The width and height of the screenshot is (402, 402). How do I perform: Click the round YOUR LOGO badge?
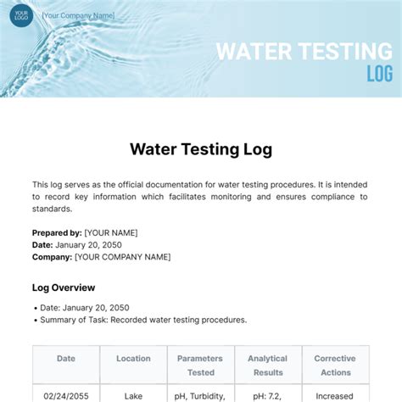[x=21, y=14]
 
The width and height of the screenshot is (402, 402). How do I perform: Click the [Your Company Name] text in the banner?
[x=79, y=15]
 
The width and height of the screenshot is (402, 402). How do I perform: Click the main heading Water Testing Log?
[x=201, y=149]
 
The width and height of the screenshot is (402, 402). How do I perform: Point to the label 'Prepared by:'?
[x=57, y=232]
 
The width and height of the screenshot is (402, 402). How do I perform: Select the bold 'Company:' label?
[x=52, y=256]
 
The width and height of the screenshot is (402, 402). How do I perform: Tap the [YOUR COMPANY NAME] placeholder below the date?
[x=122, y=256]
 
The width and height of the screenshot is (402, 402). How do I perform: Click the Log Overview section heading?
[x=64, y=288]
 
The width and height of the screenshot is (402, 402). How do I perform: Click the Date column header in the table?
[x=66, y=359]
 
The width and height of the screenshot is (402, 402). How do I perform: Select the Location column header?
[x=133, y=359]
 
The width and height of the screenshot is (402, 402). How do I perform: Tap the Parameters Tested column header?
[x=200, y=366]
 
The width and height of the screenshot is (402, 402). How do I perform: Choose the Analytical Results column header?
[x=267, y=366]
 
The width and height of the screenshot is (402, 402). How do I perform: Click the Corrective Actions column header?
[x=335, y=366]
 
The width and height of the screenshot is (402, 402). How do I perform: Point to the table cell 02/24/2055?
[x=66, y=395]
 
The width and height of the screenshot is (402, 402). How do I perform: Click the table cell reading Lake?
[x=133, y=395]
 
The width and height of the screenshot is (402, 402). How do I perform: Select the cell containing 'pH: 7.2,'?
[x=267, y=395]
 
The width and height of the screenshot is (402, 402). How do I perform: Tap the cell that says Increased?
[x=335, y=395]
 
